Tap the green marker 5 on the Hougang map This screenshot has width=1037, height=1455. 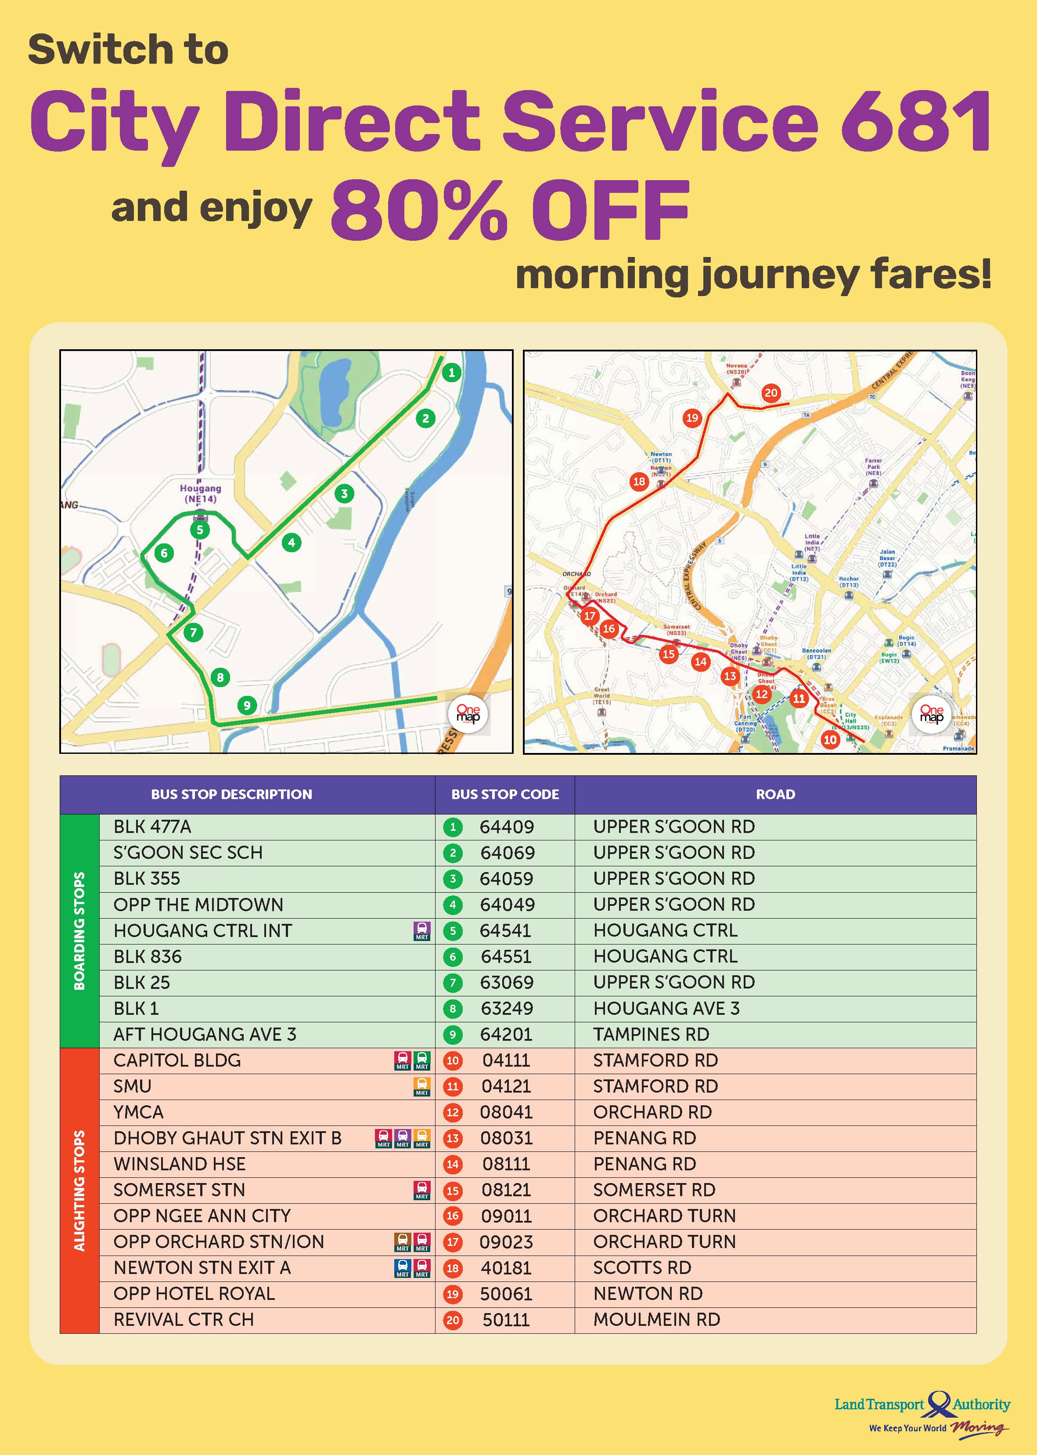pos(200,530)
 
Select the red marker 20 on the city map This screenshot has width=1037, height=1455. pos(771,393)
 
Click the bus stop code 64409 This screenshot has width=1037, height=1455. pos(506,827)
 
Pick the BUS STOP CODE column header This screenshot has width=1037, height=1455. pos(504,794)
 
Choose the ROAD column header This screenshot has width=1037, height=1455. pos(775,794)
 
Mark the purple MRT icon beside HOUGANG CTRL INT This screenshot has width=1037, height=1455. pos(421,931)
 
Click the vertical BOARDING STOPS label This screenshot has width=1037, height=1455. pos(79,930)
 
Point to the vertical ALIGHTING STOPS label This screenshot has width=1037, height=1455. pos(79,1190)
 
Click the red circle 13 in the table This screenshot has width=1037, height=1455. pos(453,1138)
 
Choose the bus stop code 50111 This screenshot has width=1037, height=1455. pos(506,1320)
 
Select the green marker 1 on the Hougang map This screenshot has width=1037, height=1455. pos(451,373)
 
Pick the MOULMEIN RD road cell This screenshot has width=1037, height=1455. pos(656,1320)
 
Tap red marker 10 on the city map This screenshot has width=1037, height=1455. pos(829,740)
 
